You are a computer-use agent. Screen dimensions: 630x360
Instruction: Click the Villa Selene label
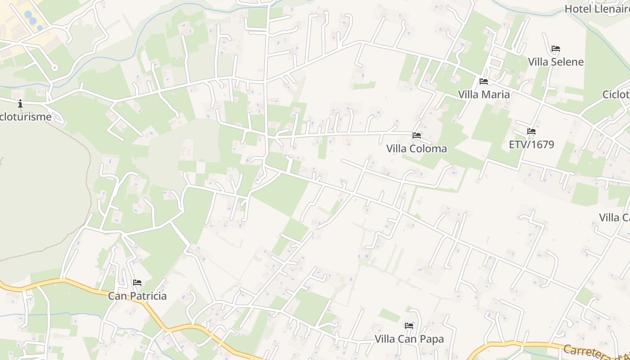click(x=556, y=62)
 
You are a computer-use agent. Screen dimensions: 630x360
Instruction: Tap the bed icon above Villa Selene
click(x=556, y=49)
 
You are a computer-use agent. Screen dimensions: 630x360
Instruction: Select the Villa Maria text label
click(x=484, y=94)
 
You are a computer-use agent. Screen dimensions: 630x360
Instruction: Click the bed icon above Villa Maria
click(x=484, y=81)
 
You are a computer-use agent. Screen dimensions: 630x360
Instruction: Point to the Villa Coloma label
click(x=417, y=148)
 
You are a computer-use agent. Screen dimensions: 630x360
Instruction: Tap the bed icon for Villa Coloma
click(x=417, y=135)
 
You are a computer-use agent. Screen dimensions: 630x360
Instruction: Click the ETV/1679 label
click(x=531, y=144)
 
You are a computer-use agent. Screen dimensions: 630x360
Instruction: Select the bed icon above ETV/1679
click(x=531, y=131)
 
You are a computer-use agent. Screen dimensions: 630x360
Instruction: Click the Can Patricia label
click(x=137, y=296)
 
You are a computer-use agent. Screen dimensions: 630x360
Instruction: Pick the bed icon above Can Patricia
click(x=137, y=283)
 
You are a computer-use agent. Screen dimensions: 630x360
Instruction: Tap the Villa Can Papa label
click(x=409, y=339)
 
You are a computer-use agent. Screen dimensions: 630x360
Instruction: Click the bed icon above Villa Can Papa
click(x=409, y=326)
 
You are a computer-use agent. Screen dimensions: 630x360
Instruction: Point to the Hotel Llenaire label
click(x=597, y=9)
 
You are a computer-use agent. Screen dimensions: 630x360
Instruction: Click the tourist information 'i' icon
click(x=20, y=104)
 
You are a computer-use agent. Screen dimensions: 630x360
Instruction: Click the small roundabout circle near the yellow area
click(x=55, y=68)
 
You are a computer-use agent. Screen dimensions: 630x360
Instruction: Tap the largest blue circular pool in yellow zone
click(x=33, y=20)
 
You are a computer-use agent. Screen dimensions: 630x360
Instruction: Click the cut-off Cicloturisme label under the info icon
click(x=26, y=117)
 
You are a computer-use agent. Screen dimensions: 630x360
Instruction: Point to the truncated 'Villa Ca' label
click(x=615, y=217)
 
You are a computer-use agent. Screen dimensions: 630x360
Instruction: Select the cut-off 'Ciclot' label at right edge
click(x=616, y=94)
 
